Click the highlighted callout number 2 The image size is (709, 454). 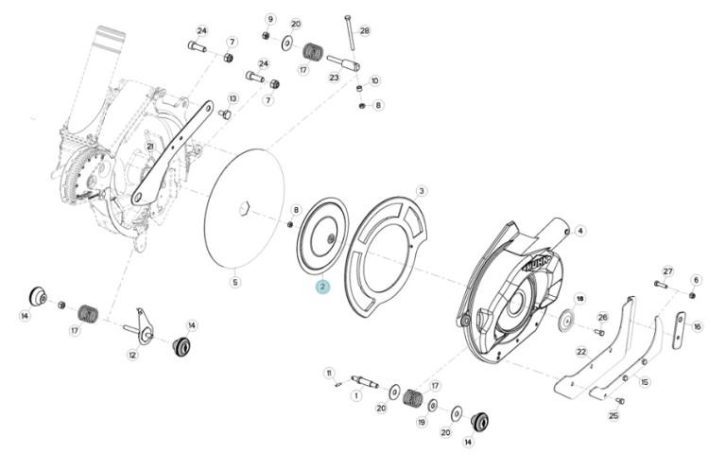(323, 287)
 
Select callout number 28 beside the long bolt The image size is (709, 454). (365, 31)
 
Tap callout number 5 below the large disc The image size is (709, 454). (234, 283)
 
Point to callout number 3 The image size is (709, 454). (421, 191)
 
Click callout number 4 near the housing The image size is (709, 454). (580, 231)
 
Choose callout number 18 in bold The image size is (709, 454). (579, 299)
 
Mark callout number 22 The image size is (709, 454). (581, 351)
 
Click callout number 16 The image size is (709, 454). (697, 326)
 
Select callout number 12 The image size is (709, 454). (132, 356)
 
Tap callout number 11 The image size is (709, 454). (329, 373)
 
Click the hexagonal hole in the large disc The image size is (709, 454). (244, 209)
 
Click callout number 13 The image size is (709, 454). (233, 98)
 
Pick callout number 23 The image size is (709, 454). (334, 78)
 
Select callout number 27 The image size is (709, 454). (667, 271)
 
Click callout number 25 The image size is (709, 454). (614, 415)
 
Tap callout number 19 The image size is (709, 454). (422, 423)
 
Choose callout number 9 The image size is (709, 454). (270, 19)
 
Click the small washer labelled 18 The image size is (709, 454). (564, 321)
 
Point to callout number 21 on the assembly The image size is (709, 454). (150, 146)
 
